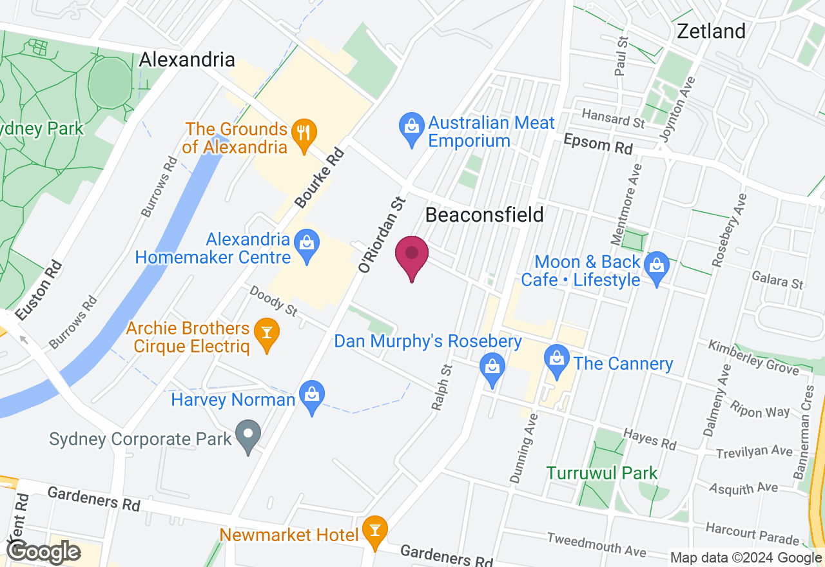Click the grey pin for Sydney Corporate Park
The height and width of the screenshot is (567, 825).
[249, 436]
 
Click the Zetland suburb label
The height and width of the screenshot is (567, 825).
[711, 31]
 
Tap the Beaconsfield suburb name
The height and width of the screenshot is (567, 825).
[484, 215]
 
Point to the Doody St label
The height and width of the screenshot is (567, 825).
[273, 302]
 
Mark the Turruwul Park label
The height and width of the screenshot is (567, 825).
[602, 473]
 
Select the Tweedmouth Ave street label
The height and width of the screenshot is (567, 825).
[596, 544]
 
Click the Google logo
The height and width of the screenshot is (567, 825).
[43, 552]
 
